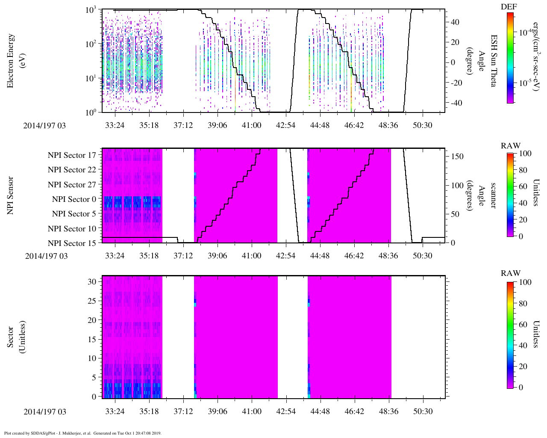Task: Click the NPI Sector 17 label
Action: tap(72, 155)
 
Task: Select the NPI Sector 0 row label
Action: tap(74, 199)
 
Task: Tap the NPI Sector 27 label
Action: tap(72, 185)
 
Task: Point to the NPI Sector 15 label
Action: tap(72, 243)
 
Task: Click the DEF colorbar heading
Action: tap(509, 6)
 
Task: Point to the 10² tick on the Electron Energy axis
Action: tap(91, 44)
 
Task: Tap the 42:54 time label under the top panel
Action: tap(285, 125)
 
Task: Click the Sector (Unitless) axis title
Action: tap(16, 337)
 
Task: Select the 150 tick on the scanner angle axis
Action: tap(458, 157)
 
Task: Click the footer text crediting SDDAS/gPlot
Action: tap(82, 433)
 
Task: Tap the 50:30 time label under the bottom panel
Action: tap(422, 411)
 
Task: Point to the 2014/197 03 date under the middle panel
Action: tap(46, 256)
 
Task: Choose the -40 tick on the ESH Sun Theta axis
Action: tap(455, 103)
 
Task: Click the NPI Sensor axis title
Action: tap(11, 195)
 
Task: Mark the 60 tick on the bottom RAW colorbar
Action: tap(522, 324)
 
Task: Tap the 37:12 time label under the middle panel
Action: tap(183, 256)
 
